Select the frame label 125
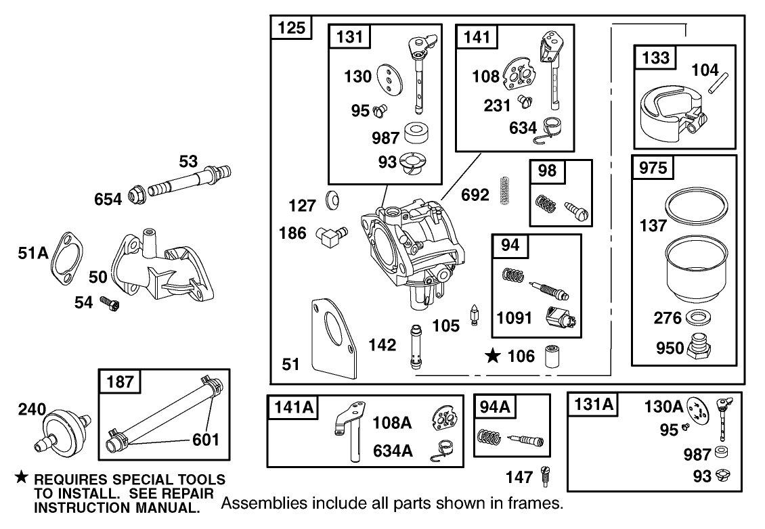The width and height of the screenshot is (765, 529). click(x=292, y=28)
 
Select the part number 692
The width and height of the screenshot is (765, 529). click(x=475, y=195)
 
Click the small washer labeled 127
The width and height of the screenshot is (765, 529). click(x=332, y=200)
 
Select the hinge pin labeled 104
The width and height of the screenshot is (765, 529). click(x=720, y=85)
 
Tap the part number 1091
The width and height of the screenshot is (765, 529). click(x=515, y=317)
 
